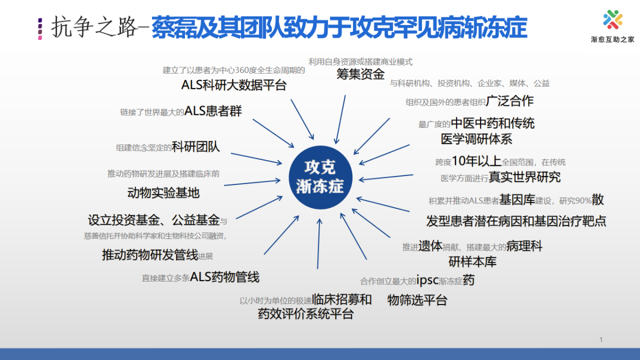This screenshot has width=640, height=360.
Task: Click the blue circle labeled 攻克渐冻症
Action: click(x=321, y=178)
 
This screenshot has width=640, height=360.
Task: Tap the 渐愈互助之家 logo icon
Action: click(x=613, y=19)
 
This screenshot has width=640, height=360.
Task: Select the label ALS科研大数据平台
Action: click(x=234, y=85)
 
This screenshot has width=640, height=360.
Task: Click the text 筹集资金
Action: click(x=361, y=74)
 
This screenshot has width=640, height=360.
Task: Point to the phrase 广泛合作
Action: click(x=510, y=101)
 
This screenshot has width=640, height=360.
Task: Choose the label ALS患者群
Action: click(x=213, y=111)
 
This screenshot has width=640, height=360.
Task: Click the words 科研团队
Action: click(x=196, y=147)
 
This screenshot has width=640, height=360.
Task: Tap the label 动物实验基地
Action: click(x=163, y=193)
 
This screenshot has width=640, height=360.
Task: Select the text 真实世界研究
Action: click(x=525, y=177)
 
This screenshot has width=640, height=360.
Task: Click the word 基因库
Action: click(x=517, y=199)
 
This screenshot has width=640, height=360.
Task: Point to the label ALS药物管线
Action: click(x=225, y=277)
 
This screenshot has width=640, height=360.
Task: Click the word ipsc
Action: click(x=427, y=280)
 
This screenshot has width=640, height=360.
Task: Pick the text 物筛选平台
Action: click(x=417, y=300)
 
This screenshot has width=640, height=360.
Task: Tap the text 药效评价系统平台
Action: click(x=306, y=314)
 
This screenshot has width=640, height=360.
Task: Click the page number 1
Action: click(x=601, y=339)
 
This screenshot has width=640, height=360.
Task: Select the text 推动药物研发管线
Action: click(x=150, y=254)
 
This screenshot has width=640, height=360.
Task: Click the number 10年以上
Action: click(x=477, y=161)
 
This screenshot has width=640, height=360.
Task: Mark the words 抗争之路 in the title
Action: click(x=95, y=27)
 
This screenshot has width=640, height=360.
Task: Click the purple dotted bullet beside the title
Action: click(x=40, y=29)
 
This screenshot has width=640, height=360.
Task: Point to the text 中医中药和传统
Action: click(x=493, y=123)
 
